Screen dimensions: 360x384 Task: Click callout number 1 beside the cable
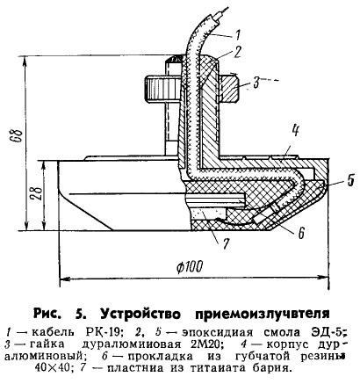pyautogui.click(x=237, y=34)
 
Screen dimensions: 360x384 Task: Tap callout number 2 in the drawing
pyautogui.click(x=237, y=52)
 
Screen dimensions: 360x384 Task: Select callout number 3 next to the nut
pyautogui.click(x=256, y=83)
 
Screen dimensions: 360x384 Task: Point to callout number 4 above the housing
pyautogui.click(x=296, y=131)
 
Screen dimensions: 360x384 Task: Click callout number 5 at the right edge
pyautogui.click(x=350, y=180)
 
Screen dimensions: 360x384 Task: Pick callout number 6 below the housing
pyautogui.click(x=300, y=233)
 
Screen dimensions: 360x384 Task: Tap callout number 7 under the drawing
pyautogui.click(x=225, y=243)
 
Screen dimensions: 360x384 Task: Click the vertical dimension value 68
pyautogui.click(x=18, y=135)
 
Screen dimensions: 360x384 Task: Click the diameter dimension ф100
pyautogui.click(x=190, y=266)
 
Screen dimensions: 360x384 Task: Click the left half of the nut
pyautogui.click(x=161, y=88)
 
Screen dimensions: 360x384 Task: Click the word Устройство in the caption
pyautogui.click(x=140, y=314)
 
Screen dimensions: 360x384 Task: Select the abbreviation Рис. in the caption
pyautogui.click(x=47, y=314)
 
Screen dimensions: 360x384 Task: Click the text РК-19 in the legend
pyautogui.click(x=104, y=332)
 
